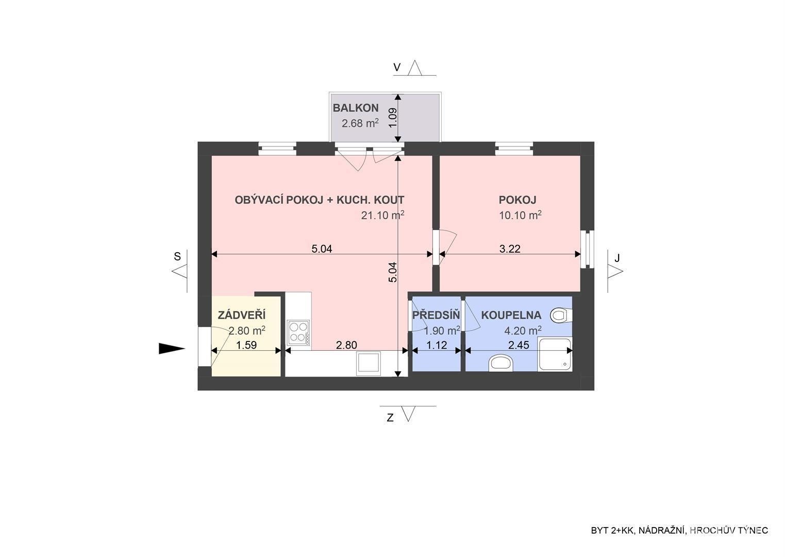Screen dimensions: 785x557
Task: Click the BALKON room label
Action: click(x=356, y=108)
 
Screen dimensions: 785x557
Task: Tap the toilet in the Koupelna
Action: click(x=561, y=315)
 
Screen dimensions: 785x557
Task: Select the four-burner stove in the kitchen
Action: click(x=298, y=332)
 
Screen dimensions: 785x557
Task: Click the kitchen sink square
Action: click(x=368, y=363)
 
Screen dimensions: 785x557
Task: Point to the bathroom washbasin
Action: click(x=500, y=363)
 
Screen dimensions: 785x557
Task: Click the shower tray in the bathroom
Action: click(x=555, y=354)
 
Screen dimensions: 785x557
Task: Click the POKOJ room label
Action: click(x=517, y=200)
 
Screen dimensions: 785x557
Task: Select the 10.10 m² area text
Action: click(x=521, y=215)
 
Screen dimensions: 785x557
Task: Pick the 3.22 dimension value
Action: click(x=510, y=249)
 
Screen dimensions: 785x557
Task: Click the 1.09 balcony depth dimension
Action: click(x=393, y=118)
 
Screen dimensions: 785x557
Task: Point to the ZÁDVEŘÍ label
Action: click(x=242, y=315)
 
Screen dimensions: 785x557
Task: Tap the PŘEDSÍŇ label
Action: click(x=436, y=315)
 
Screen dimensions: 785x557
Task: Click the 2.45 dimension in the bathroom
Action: click(x=519, y=345)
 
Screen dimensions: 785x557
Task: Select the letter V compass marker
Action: click(x=397, y=68)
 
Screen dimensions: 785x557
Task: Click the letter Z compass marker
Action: click(x=390, y=418)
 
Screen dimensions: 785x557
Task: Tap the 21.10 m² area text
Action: click(x=382, y=215)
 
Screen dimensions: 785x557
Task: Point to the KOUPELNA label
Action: click(x=511, y=315)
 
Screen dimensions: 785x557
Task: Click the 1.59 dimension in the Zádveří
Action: click(x=246, y=345)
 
